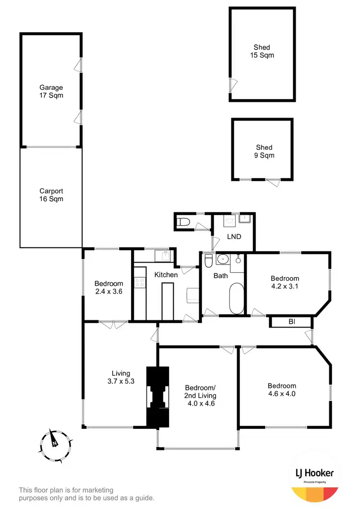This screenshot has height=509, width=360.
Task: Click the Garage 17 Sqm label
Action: (51, 92)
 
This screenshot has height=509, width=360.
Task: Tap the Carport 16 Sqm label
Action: (51, 194)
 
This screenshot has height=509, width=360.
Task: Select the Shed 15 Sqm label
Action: (262, 51)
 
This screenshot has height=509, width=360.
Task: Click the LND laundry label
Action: (234, 237)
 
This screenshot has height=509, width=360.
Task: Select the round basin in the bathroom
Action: (222, 260)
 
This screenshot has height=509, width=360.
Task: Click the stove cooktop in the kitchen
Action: (140, 283)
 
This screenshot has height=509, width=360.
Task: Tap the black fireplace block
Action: (158, 397)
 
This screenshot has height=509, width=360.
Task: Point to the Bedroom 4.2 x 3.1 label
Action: (285, 282)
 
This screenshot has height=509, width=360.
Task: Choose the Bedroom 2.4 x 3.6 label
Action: (108, 287)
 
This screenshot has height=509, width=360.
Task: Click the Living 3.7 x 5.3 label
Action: (121, 377)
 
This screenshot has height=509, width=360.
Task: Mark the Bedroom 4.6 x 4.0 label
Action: (282, 389)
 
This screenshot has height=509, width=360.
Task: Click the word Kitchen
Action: (166, 275)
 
